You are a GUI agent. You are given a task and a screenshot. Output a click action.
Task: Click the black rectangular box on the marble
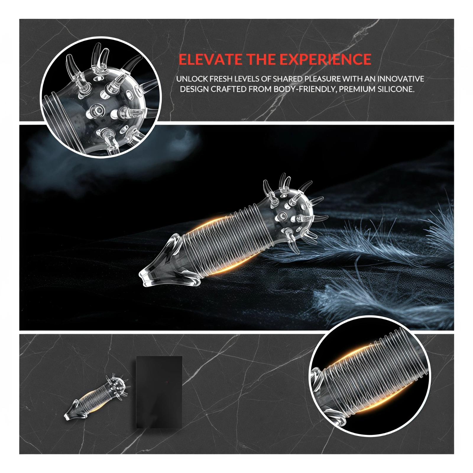pyautogui.click(x=159, y=392)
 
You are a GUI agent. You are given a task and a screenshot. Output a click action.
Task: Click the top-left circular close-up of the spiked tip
pyautogui.click(x=101, y=98)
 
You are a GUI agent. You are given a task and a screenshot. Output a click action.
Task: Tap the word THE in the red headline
pyautogui.click(x=262, y=59)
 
